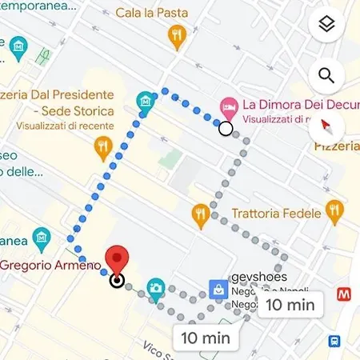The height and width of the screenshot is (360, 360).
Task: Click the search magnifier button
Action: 326,76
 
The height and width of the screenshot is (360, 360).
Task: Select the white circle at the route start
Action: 226,128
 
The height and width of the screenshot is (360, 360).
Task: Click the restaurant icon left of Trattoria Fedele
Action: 201,213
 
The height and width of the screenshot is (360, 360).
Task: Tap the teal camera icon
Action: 156,287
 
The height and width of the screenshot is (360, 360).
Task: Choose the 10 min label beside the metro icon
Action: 290,304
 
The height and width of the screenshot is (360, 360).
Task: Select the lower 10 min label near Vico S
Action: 206,337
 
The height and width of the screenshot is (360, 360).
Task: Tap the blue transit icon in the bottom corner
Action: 334,342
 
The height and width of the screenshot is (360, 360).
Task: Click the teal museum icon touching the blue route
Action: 145,102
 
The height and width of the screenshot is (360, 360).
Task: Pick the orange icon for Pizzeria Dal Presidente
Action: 102,147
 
